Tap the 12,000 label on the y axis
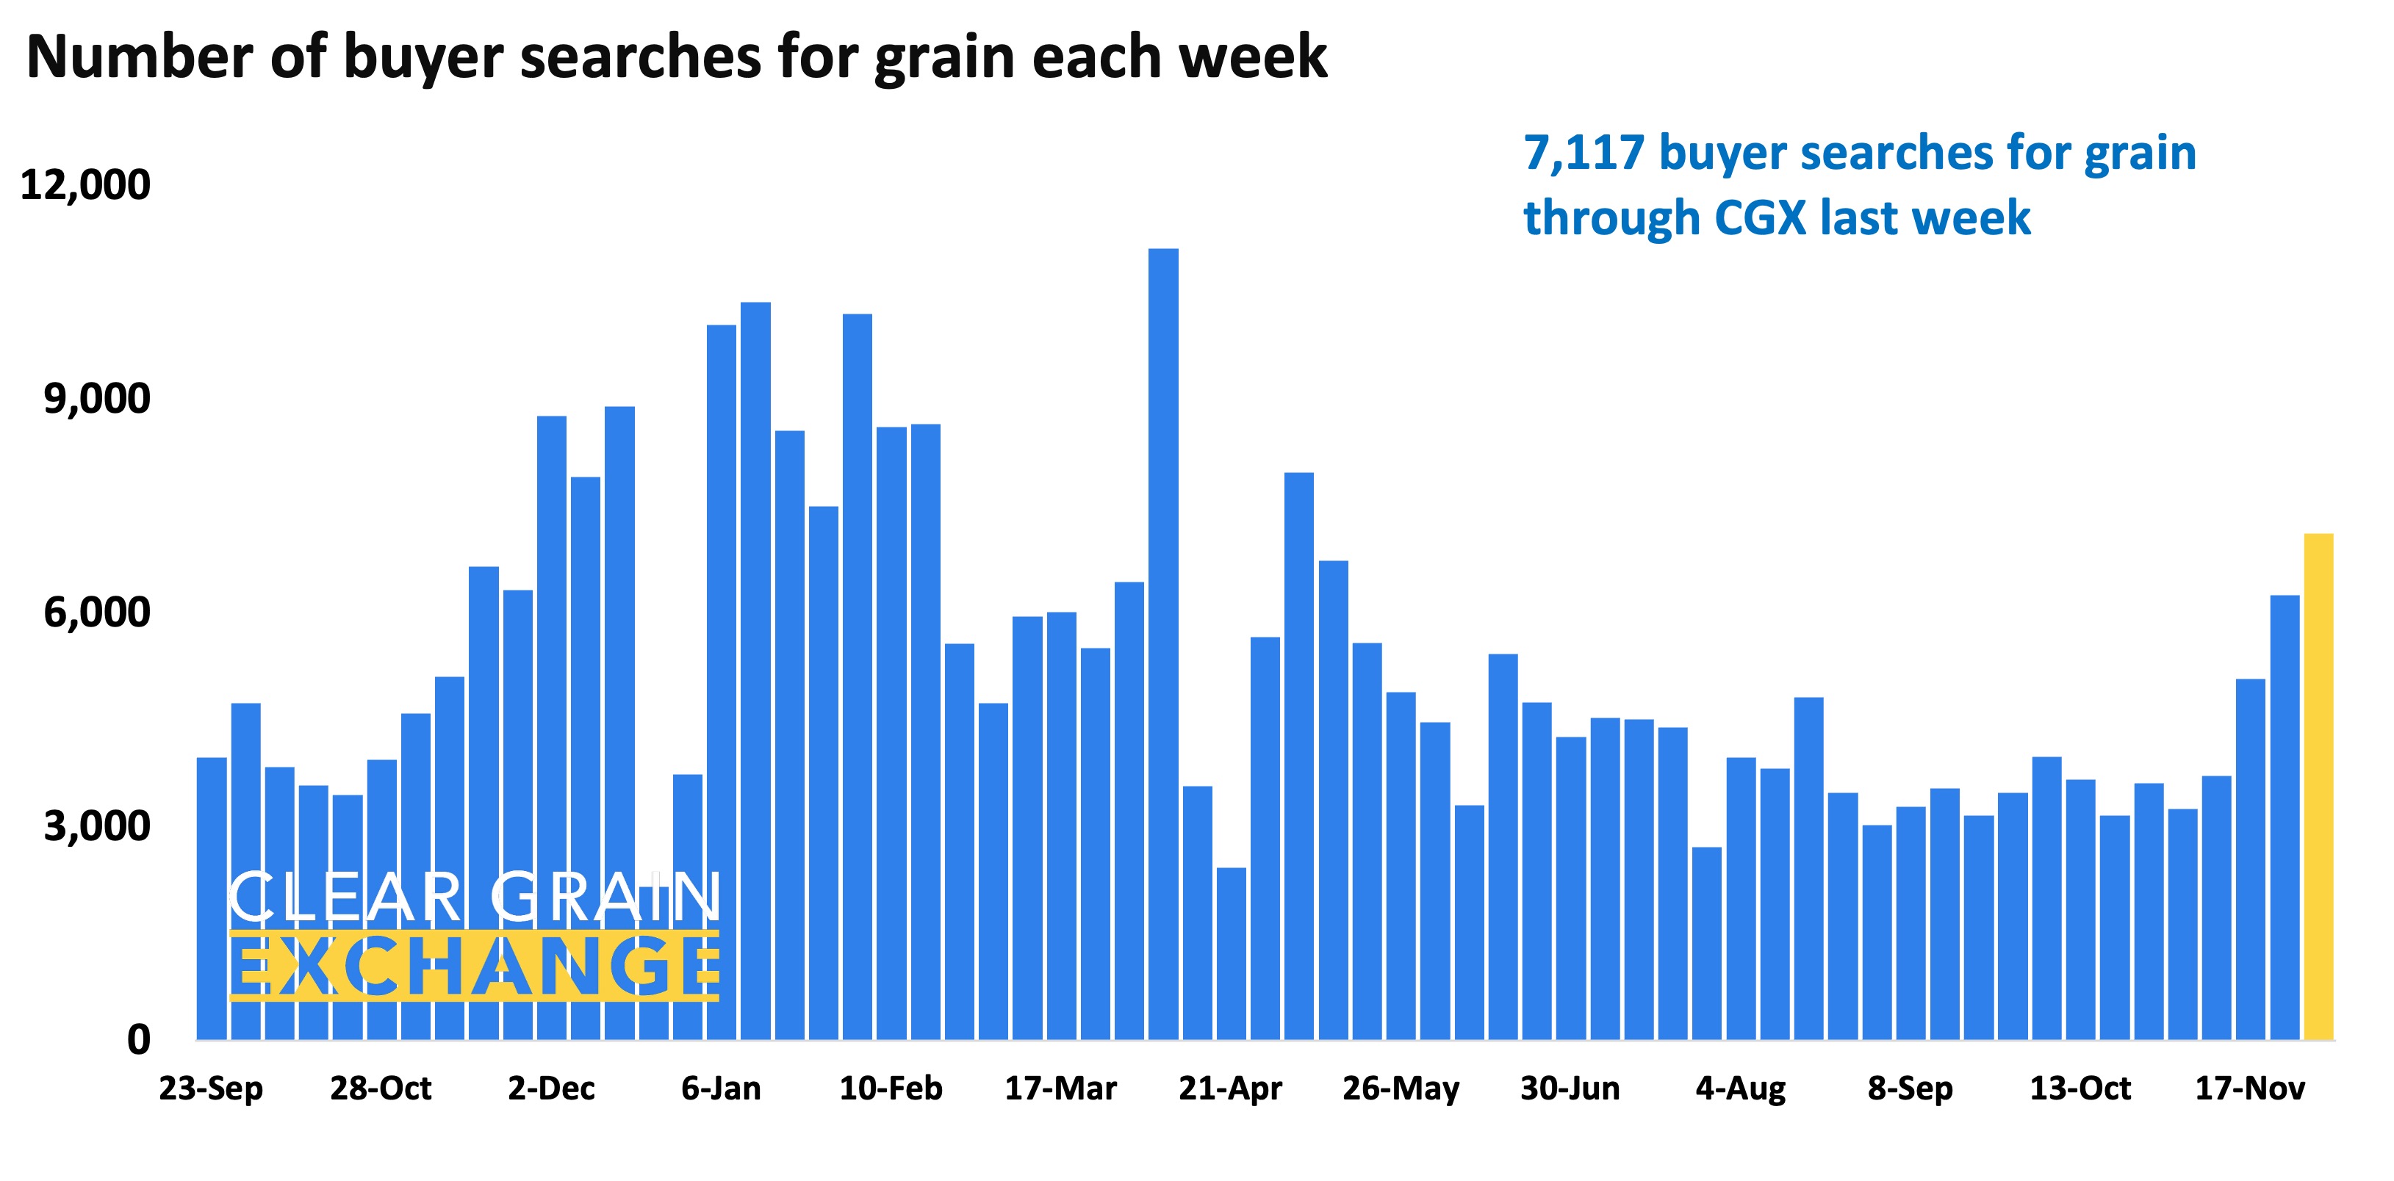click(x=85, y=185)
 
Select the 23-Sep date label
click(x=211, y=1088)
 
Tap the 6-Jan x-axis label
click(x=720, y=1088)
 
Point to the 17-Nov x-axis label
click(x=2250, y=1088)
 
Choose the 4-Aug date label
click(x=1740, y=1088)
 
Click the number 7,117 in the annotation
click(x=1584, y=154)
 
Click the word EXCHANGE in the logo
click(x=474, y=967)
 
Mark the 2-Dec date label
click(x=551, y=1088)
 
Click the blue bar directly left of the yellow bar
click(x=2285, y=817)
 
